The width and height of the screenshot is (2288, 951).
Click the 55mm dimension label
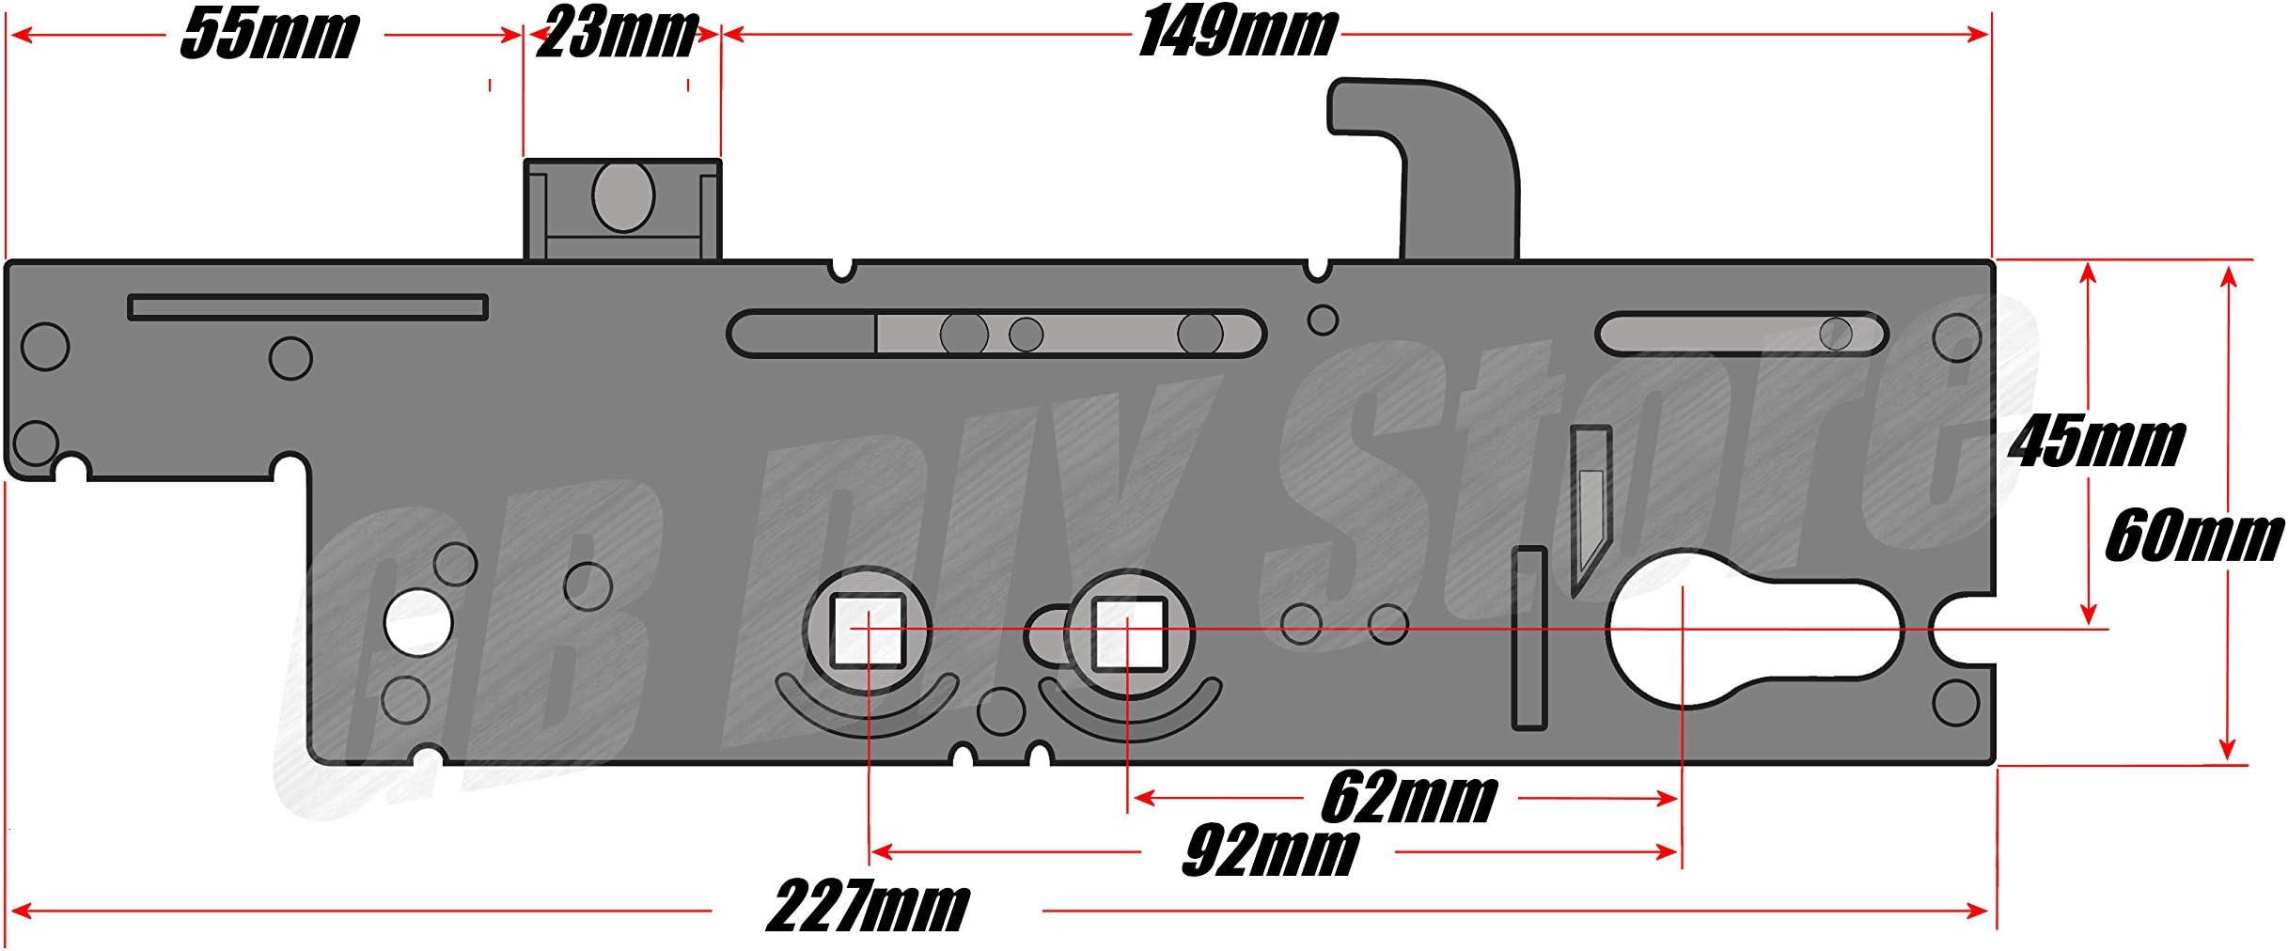coord(269,36)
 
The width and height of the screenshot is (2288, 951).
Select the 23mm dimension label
coord(617,34)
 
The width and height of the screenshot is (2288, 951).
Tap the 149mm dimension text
coord(1237,33)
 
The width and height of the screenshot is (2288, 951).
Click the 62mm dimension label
coord(1408,799)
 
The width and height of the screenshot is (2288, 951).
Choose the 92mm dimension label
coord(1269,852)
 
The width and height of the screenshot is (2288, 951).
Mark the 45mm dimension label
coord(2096,442)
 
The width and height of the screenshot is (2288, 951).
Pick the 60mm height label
coord(2194,538)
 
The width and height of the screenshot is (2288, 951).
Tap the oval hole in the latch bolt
coord(622,196)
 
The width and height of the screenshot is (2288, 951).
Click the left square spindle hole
coord(868,630)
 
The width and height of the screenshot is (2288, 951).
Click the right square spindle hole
coord(1128,630)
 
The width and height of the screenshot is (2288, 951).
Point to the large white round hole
coord(418,622)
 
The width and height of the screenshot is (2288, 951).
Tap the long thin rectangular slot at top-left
coord(307,307)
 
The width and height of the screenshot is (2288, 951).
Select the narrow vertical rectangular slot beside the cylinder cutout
coord(1529,639)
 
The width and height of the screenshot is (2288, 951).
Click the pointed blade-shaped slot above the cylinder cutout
coord(1591,507)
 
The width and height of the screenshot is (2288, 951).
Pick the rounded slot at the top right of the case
coord(1741,334)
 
